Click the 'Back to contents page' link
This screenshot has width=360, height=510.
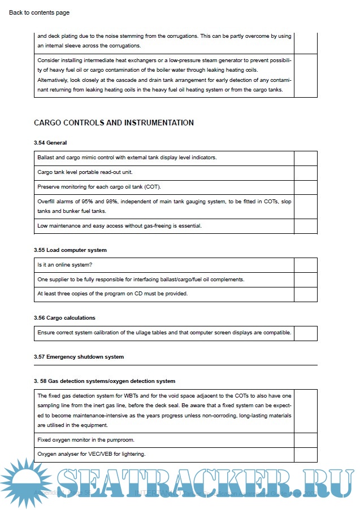[x=40, y=12]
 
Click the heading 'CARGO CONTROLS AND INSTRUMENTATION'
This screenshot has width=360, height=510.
[x=114, y=123]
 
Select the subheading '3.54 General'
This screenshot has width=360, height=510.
[x=50, y=143]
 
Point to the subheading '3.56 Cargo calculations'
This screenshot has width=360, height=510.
[x=64, y=318]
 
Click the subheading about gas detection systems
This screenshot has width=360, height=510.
[x=105, y=381]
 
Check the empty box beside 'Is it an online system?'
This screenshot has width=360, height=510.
[x=305, y=265]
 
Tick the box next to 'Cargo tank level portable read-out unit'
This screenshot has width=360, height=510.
[x=305, y=172]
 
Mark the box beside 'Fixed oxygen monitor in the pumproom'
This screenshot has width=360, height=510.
[x=305, y=440]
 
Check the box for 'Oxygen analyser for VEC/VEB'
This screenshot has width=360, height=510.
[x=305, y=454]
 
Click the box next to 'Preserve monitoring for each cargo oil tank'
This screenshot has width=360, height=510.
[x=305, y=186]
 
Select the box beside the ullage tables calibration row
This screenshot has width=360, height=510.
[x=305, y=333]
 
